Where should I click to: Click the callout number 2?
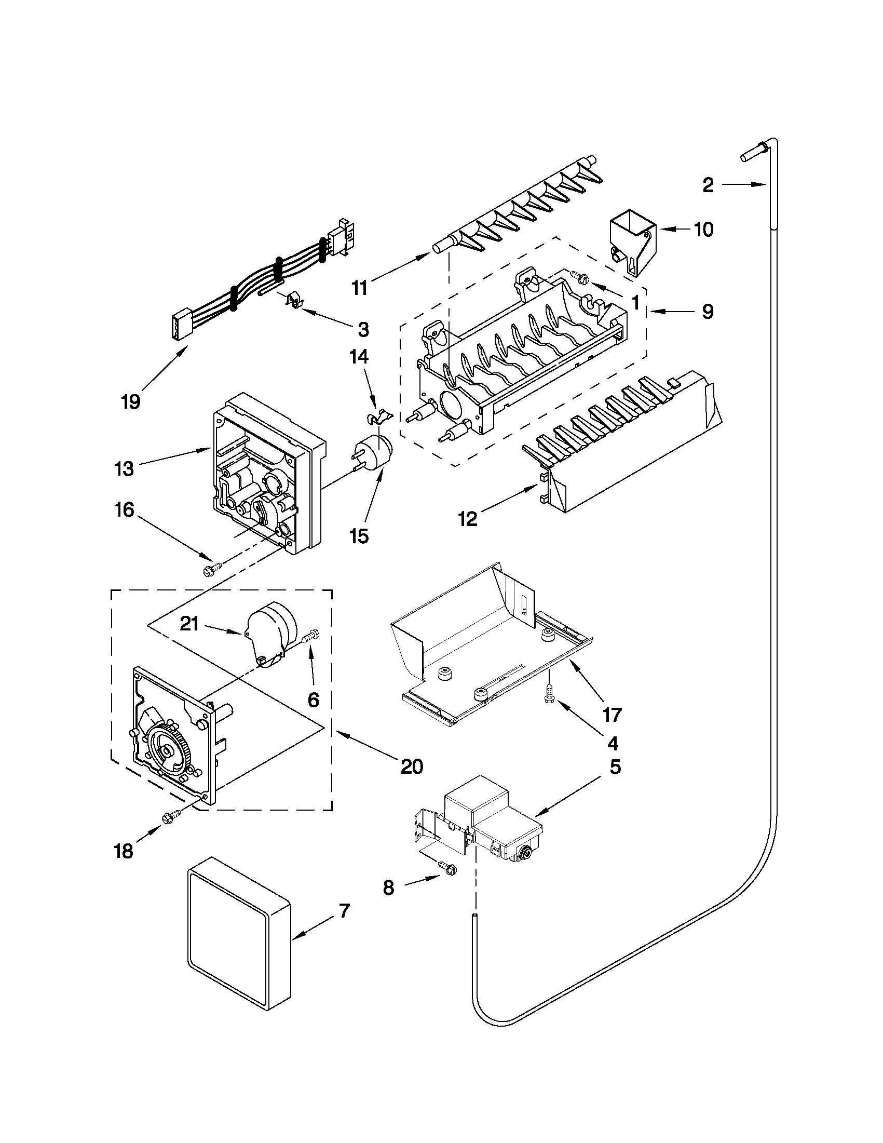pyautogui.click(x=708, y=185)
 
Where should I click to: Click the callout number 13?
pyautogui.click(x=124, y=469)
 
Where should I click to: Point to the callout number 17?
pyautogui.click(x=612, y=715)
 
